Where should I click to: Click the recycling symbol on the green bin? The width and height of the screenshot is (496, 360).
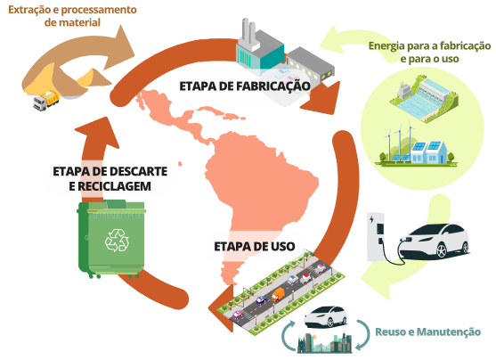click(117, 241)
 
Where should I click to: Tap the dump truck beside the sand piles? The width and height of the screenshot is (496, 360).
click(46, 101)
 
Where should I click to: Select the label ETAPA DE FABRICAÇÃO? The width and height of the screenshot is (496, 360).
click(245, 86)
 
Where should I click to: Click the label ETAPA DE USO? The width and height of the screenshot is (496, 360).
click(255, 246)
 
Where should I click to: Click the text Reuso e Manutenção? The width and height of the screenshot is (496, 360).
click(427, 331)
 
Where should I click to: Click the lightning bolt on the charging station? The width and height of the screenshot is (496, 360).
click(371, 219)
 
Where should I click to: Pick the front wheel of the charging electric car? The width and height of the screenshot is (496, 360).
click(441, 250)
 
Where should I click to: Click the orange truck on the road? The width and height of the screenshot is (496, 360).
click(278, 295)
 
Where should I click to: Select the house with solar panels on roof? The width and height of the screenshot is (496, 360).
click(429, 152)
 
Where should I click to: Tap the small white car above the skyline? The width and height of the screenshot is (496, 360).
click(326, 316)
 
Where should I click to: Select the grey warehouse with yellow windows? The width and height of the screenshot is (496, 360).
click(310, 64)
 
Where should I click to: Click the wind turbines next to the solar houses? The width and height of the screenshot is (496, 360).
click(399, 143)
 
